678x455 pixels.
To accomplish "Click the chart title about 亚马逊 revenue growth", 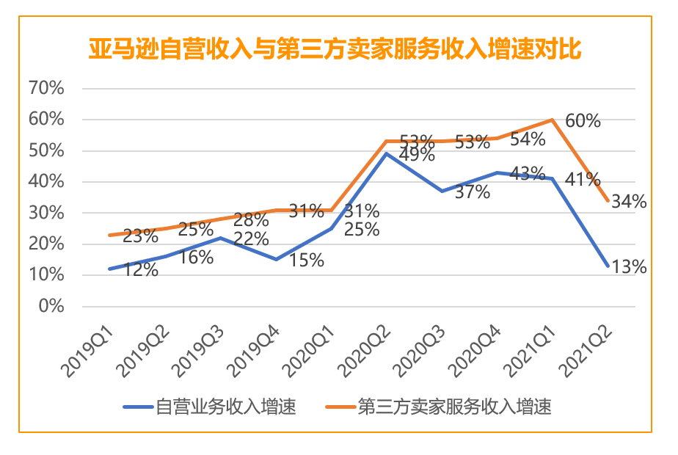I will pos(335,50).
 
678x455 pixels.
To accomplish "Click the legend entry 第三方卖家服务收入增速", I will pos(454,406).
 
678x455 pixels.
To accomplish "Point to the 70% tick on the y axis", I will pos(46,88).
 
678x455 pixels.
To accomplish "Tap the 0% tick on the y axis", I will pos(51,306).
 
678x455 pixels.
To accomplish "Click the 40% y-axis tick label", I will pos(46,181).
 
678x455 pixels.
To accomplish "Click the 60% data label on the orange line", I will pos(582,120).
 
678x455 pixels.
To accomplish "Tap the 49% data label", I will pos(417,155).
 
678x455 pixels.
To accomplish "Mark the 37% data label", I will pos(472,192).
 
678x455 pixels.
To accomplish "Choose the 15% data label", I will pos(305,261).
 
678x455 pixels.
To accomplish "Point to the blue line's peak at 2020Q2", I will pos(386,153).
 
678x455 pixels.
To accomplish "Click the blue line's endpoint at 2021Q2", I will pos(608,266).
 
